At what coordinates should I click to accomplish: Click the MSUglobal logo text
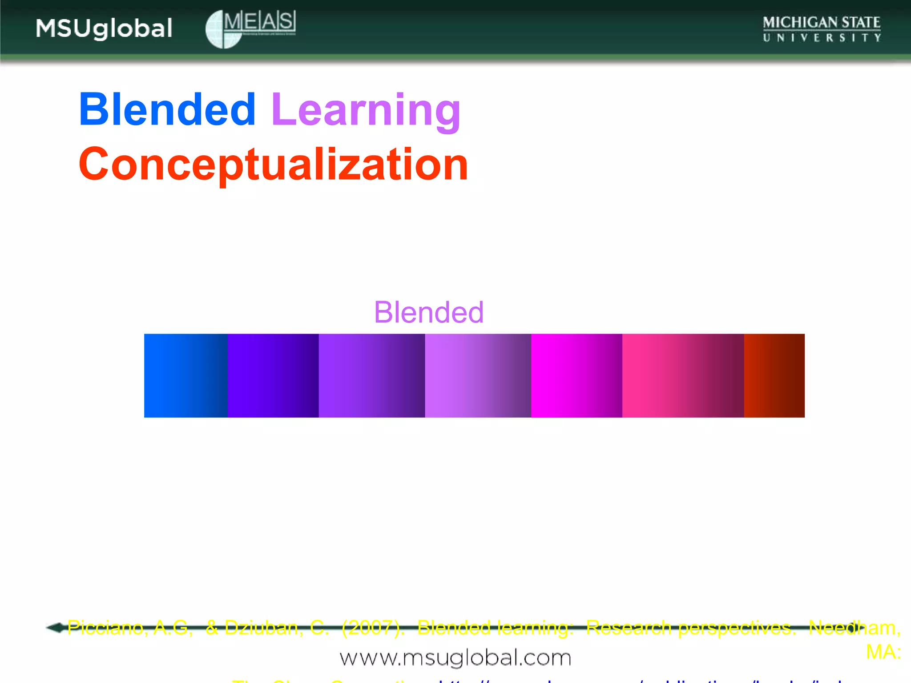[x=104, y=29]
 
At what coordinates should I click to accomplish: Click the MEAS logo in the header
[x=250, y=28]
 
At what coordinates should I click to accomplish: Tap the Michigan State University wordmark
[x=822, y=29]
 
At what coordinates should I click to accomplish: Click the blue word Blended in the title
[x=167, y=109]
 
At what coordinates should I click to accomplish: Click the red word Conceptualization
[x=273, y=165]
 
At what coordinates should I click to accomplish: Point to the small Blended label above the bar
[x=428, y=312]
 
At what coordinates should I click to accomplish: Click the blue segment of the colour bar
[x=185, y=376]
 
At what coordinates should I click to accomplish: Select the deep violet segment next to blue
[x=273, y=376]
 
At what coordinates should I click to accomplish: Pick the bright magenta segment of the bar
[x=576, y=376]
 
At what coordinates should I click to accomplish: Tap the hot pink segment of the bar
[x=682, y=376]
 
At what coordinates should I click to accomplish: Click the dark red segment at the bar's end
[x=774, y=376]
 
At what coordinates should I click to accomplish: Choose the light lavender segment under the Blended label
[x=478, y=376]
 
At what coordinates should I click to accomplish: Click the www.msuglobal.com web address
[x=455, y=658]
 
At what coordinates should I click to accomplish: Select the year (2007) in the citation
[x=373, y=627]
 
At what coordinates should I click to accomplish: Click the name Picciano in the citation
[x=105, y=627]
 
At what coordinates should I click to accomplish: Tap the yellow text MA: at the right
[x=883, y=652]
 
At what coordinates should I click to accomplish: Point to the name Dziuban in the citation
[x=263, y=627]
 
